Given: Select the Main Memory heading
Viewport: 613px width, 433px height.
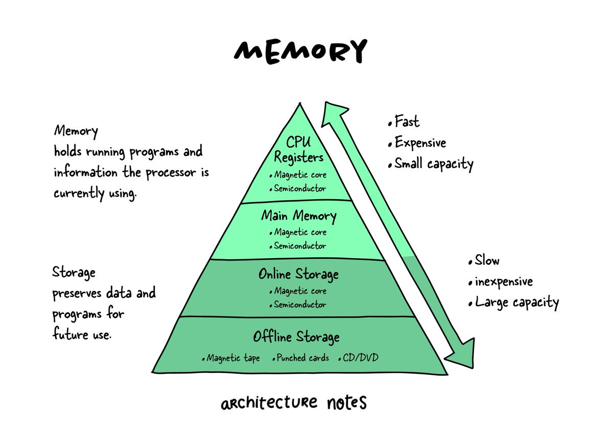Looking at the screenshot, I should click(x=299, y=216).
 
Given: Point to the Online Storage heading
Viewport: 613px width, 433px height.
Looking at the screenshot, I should click(x=298, y=275).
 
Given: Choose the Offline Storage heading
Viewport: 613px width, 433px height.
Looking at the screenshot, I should click(x=296, y=338).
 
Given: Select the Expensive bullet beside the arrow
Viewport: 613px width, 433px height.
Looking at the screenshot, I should click(x=420, y=142).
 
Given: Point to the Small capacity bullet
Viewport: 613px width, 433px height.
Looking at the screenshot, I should click(x=433, y=164).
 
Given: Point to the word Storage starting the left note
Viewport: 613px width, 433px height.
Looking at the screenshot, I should click(x=74, y=273).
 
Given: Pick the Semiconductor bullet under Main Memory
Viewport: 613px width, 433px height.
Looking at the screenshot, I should click(x=299, y=246).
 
